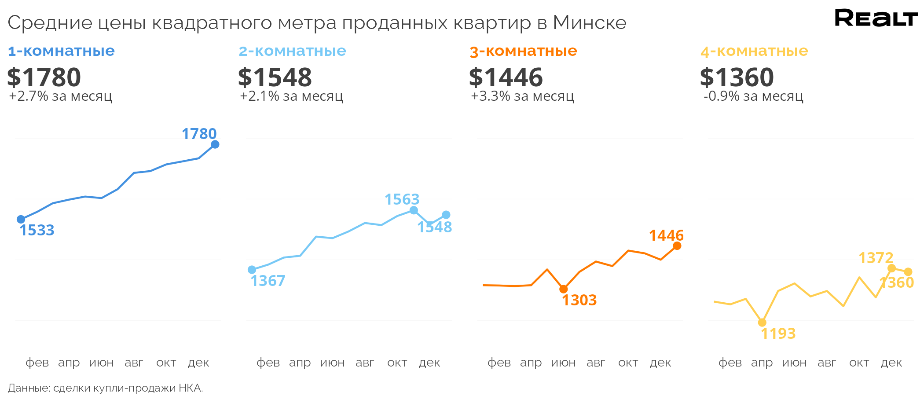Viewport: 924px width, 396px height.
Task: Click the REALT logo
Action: pos(876,18)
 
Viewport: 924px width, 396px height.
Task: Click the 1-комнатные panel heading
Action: pos(61,51)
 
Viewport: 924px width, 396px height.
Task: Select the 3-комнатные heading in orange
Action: pos(523,51)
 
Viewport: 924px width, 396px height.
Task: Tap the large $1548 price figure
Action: pos(275,77)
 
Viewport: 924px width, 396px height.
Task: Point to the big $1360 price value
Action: pos(737,77)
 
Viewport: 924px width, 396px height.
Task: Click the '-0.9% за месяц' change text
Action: pos(753,96)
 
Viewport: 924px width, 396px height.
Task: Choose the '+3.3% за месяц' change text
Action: pos(522,96)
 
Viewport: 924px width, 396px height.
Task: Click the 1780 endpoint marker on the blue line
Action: pos(215,144)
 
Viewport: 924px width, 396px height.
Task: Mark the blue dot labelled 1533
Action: pos(21,219)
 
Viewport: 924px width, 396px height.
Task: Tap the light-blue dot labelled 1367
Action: pos(252,270)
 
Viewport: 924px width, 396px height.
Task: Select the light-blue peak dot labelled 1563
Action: pos(414,210)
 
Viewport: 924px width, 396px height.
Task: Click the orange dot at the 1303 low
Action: pos(564,289)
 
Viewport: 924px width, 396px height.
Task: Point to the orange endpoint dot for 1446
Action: pos(677,246)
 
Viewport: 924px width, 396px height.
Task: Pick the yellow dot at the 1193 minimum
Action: pos(762,323)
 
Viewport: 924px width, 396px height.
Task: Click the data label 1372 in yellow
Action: pos(876,258)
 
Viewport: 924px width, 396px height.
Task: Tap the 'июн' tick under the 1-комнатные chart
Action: pos(101,363)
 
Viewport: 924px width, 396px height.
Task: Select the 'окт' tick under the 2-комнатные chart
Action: pos(397,363)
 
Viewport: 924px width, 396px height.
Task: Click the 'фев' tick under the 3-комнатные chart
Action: pos(499,363)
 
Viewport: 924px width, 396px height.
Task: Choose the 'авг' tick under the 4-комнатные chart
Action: pos(827,363)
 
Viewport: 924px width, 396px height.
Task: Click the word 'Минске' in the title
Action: pos(590,23)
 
